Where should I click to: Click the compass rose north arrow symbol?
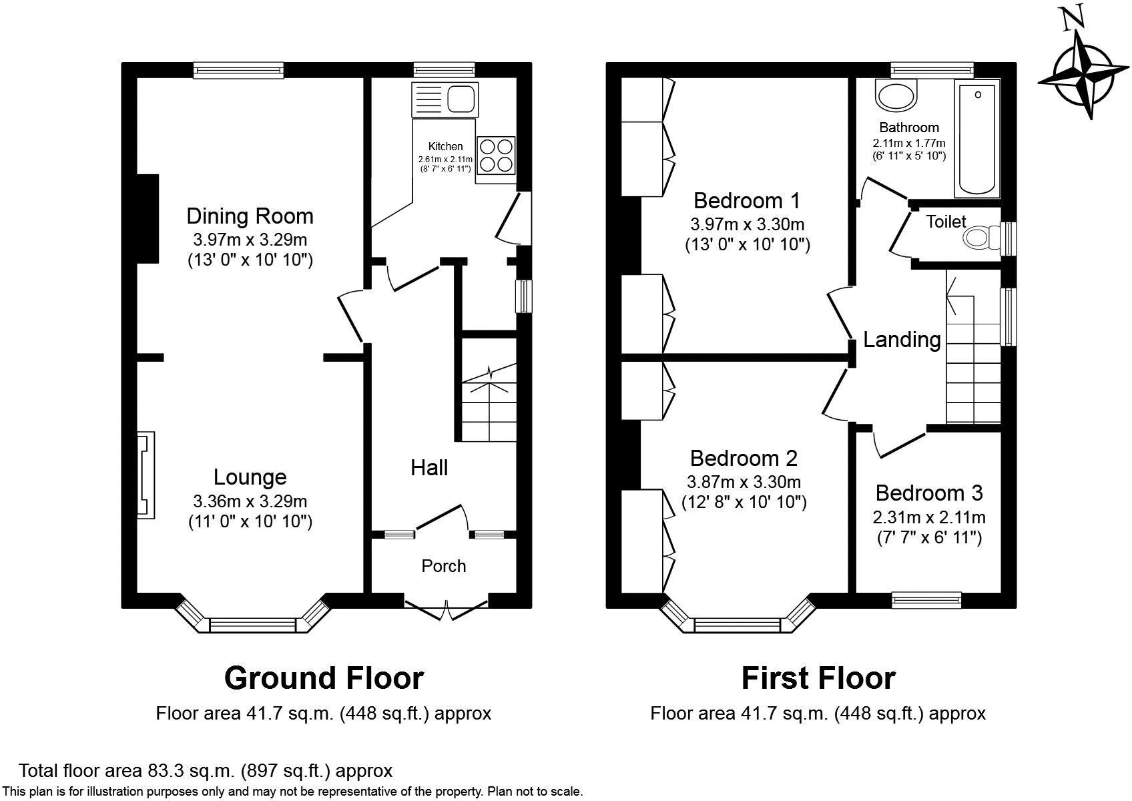(1083, 71)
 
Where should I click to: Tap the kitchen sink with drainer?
(445, 99)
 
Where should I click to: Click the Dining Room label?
(250, 216)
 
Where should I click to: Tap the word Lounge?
(250, 477)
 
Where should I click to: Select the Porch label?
(444, 566)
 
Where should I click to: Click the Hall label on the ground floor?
(429, 468)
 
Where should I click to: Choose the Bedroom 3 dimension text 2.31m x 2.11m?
(929, 517)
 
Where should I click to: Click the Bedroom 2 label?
(744, 459)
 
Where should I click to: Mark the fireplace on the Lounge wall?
(146, 475)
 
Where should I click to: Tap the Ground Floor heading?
(324, 678)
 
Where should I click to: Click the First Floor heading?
(818, 678)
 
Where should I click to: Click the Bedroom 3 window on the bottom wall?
(926, 600)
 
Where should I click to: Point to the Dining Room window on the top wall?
(238, 70)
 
